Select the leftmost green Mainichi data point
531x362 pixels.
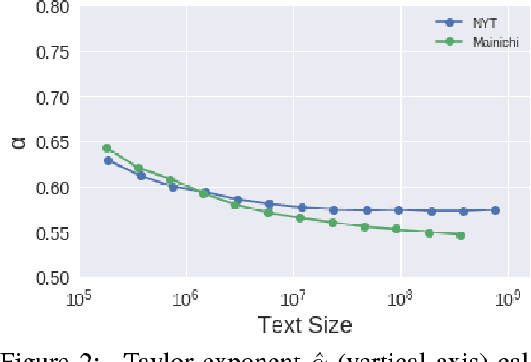[107, 148]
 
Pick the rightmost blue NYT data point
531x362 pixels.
[495, 210]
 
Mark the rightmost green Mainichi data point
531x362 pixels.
[461, 235]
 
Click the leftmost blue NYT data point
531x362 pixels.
[108, 161]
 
